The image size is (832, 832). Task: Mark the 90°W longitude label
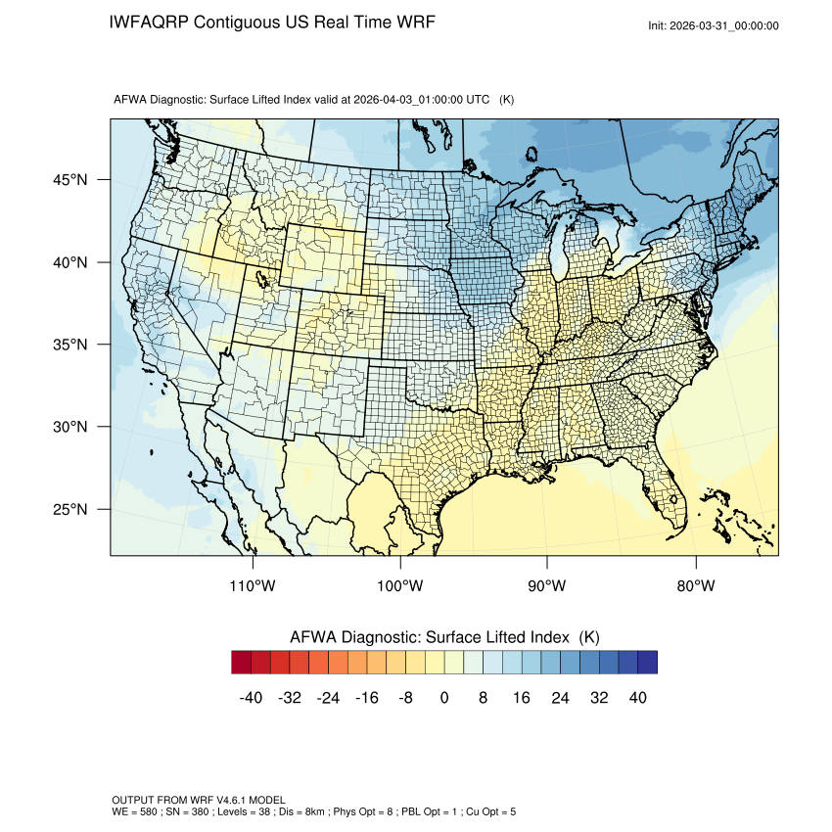(x=547, y=586)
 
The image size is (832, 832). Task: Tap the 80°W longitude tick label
(x=695, y=586)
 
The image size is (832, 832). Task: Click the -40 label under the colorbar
(x=250, y=697)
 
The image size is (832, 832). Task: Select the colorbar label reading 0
(x=444, y=697)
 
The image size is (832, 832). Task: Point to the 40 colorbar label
(x=637, y=697)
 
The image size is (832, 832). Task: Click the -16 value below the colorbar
(x=366, y=697)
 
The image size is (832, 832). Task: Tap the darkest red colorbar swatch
(x=242, y=663)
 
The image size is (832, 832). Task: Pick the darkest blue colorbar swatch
(x=647, y=663)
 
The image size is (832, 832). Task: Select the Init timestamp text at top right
(x=714, y=25)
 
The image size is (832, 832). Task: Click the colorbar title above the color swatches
(x=444, y=636)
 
